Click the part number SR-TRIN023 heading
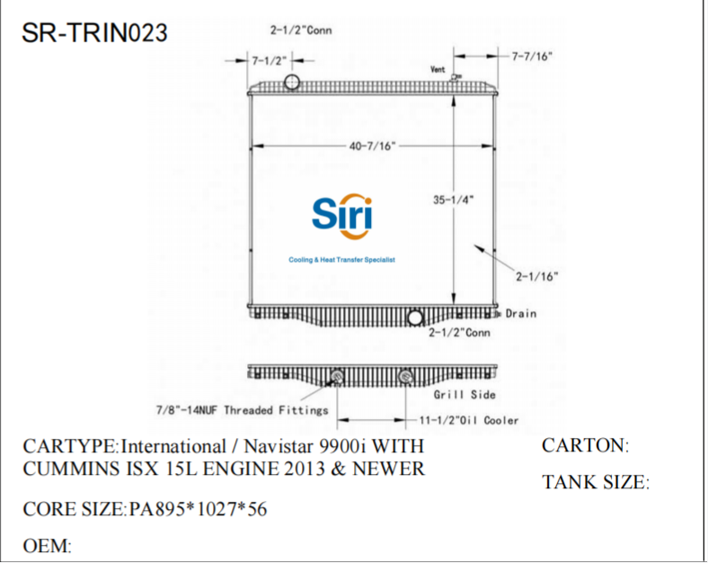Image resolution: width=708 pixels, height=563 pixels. coord(94,33)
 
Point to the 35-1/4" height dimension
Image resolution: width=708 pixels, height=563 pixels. coord(454,201)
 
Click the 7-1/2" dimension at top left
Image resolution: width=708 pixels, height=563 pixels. coord(269,60)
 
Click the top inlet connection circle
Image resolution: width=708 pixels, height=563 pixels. coord(292,84)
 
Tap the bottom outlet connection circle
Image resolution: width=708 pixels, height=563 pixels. coord(415,317)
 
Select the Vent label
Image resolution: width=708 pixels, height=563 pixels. coord(438,69)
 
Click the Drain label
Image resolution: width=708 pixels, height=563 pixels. coord(520,314)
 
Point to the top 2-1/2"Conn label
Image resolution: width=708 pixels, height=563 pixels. coord(301,31)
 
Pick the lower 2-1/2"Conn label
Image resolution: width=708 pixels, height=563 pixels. coord(458,333)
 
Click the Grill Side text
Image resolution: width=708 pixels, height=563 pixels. coord(465,394)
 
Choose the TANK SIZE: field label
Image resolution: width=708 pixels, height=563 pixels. coord(595,483)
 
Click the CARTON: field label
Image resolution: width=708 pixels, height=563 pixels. coord(584,445)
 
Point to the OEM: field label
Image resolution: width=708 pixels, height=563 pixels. coord(47,546)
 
